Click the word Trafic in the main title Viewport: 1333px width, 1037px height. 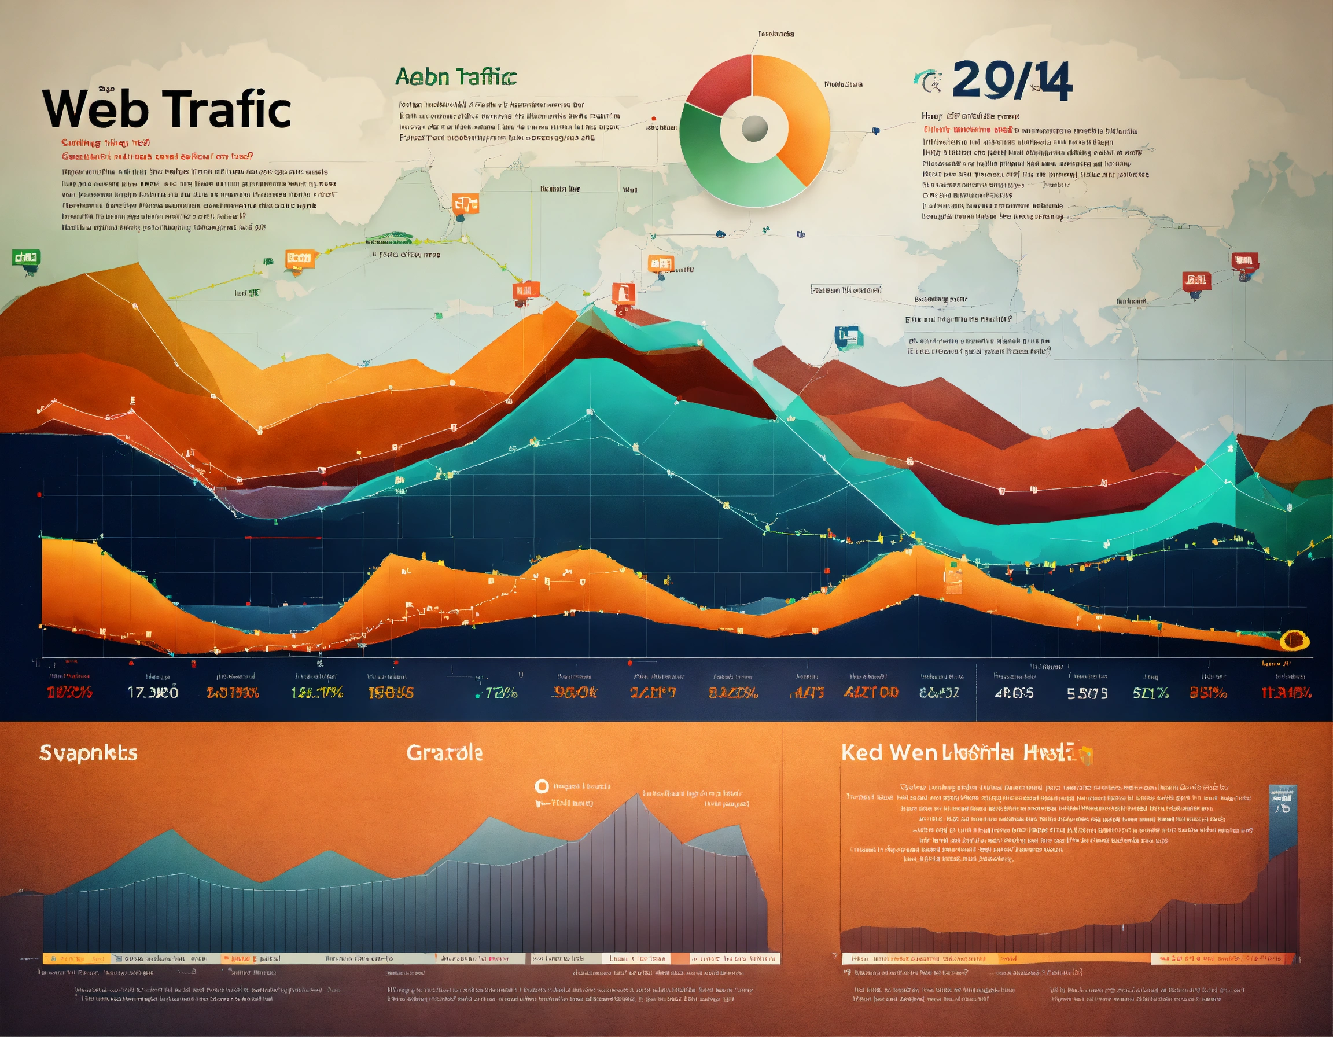pos(229,109)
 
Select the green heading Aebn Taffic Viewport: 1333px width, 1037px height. pos(455,77)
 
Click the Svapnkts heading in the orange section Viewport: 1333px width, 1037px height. pos(89,752)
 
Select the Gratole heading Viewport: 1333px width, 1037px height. pos(444,752)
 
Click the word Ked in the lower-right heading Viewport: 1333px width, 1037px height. pos(861,752)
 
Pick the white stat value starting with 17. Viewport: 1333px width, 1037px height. pos(153,693)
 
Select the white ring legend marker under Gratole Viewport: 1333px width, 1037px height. pos(542,786)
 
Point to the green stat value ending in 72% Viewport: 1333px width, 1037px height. pos(497,693)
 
